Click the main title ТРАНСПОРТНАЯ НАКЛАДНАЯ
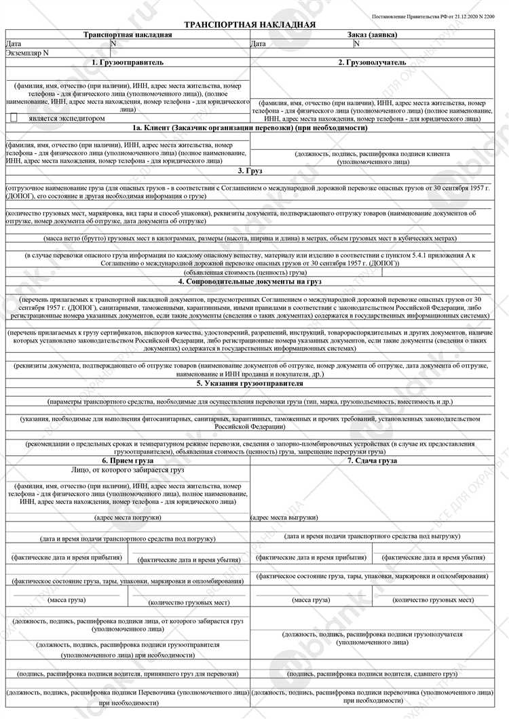click(250, 25)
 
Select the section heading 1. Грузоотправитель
click(128, 62)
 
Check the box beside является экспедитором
click(14, 118)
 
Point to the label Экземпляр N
click(27, 52)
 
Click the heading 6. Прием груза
click(128, 461)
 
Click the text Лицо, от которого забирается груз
click(128, 469)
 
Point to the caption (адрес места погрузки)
click(128, 517)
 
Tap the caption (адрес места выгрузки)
click(284, 517)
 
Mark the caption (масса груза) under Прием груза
click(66, 600)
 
